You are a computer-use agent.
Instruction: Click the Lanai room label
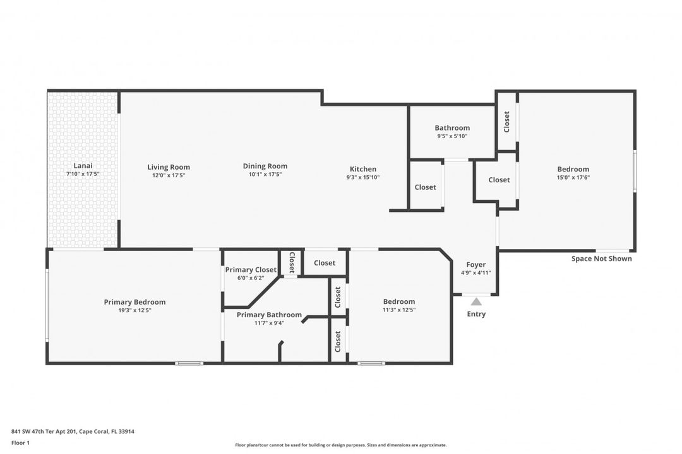coord(83,166)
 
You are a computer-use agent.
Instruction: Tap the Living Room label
coord(169,167)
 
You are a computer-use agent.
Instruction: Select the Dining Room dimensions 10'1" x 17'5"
coord(265,175)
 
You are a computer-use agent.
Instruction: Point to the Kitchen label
coord(363,169)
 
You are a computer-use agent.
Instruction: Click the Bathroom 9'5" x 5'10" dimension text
coord(452,136)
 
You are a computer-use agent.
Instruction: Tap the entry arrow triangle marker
coord(476,302)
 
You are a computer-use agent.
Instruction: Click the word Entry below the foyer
coord(476,314)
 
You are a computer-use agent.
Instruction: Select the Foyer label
coord(476,265)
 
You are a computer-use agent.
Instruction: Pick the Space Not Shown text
coord(601,259)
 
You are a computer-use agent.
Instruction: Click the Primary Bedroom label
coord(135,302)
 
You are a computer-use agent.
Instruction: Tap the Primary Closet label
coord(251,270)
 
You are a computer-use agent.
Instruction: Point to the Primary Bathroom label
coord(269,315)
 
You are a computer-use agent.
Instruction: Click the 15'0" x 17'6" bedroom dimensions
coord(573,177)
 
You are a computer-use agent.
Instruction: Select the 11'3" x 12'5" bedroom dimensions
coord(398,310)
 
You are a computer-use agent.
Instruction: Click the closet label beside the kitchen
coord(425,187)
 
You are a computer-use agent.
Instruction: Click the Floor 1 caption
coord(20,443)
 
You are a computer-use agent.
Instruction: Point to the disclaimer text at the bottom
coord(340,445)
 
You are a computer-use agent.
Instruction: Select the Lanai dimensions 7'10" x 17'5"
coord(83,174)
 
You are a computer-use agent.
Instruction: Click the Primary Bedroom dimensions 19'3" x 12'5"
coord(135,310)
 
